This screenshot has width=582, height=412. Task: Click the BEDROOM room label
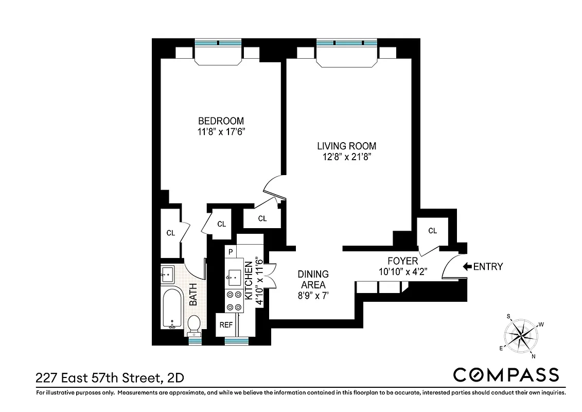221,121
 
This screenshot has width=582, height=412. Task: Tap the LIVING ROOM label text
346,146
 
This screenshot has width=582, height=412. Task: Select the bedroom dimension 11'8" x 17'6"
221,132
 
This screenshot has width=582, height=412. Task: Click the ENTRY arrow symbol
467,267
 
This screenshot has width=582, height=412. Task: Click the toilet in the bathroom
194,324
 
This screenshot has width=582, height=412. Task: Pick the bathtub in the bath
171,308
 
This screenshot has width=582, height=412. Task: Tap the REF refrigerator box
226,325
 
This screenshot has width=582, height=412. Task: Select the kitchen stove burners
234,301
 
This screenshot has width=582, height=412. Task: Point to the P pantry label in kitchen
231,252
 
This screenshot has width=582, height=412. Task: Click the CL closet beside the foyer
432,231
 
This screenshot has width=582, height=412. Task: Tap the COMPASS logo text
505,374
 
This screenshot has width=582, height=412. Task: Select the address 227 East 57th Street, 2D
109,379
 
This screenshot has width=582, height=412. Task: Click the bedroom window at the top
218,43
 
